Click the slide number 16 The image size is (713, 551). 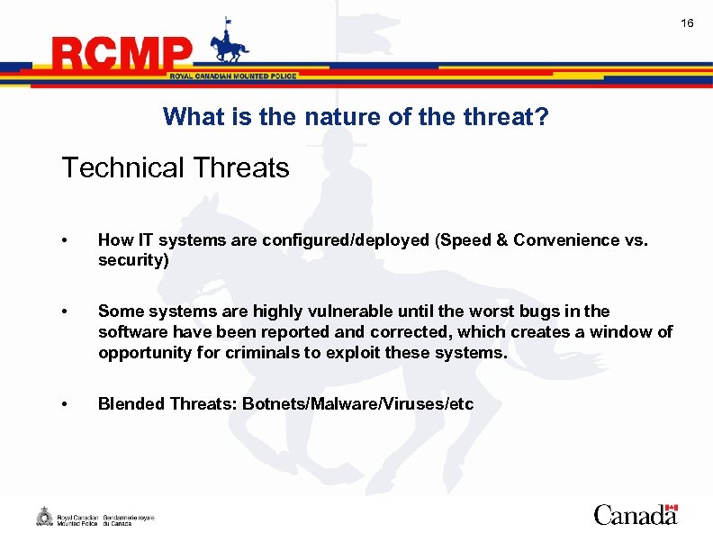click(x=687, y=23)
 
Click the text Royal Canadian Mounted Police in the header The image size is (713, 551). click(x=232, y=77)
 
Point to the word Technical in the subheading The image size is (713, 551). click(x=117, y=167)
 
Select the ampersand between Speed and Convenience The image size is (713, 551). click(x=502, y=240)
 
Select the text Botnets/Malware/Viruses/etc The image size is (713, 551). click(x=356, y=404)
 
